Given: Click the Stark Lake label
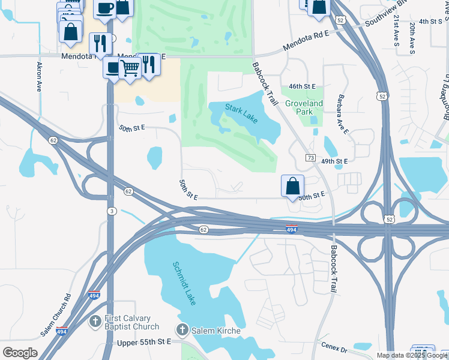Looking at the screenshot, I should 241,113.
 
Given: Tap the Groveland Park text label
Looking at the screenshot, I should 304,107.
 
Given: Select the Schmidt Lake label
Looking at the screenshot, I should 184,283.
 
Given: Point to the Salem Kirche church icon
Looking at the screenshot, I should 182,330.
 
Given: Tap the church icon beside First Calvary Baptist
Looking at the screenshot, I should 94,322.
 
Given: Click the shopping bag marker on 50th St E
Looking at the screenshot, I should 292,187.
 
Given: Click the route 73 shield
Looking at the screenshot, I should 310,158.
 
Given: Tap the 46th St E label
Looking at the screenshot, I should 302,86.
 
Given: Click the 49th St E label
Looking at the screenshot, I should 334,161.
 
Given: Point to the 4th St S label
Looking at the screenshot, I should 430,21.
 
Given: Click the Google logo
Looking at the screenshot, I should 20,352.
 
